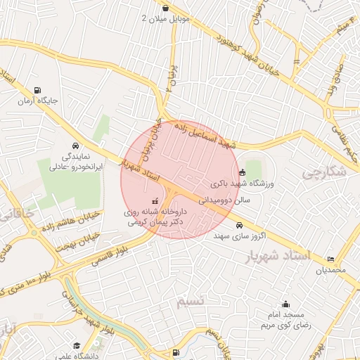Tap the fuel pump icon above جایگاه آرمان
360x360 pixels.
coord(37,90)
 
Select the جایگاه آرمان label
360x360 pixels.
coord(37,101)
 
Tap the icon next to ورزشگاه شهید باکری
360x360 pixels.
coord(242,172)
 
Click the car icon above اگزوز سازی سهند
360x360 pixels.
coord(240,226)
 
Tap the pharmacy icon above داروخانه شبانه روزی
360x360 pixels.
coord(155,201)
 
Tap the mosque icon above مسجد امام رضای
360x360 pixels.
coord(285,304)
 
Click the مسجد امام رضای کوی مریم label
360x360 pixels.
coord(285,321)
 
